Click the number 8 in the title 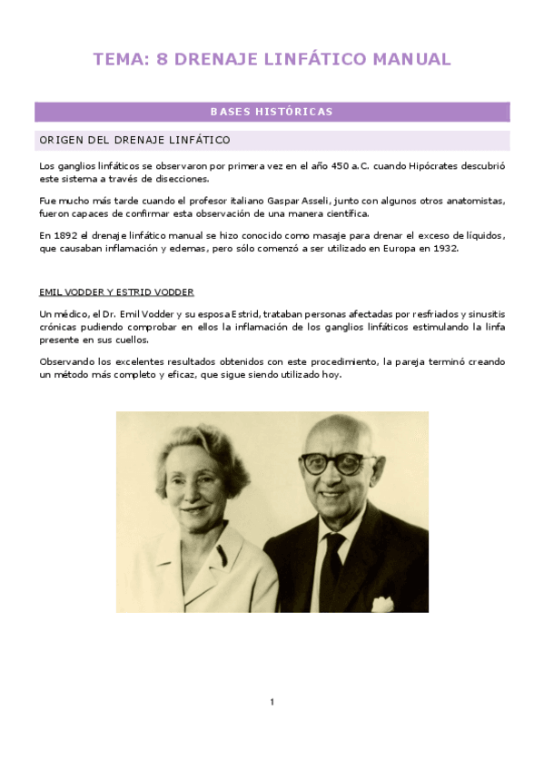pos(163,60)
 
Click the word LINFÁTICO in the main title pos(314,60)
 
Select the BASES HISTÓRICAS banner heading pos(272,113)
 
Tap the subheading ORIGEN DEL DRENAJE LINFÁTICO pos(134,141)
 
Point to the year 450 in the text pos(335,166)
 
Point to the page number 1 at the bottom pos(272,702)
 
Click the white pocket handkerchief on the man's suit pos(384,603)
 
